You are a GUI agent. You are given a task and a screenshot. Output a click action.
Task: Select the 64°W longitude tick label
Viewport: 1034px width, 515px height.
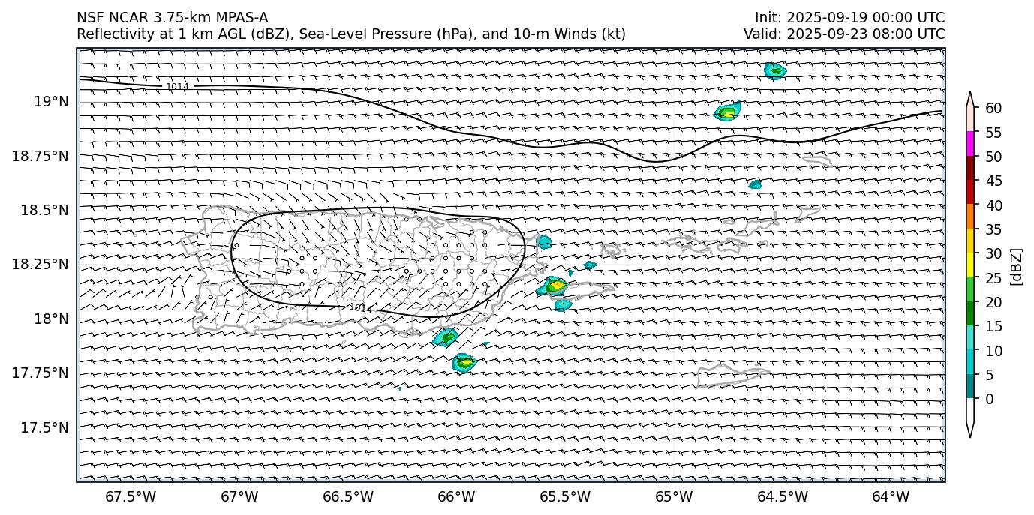891,496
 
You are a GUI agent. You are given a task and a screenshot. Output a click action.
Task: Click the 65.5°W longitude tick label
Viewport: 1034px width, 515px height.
565,496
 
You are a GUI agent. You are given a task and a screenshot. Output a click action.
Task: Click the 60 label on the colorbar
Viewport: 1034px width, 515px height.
993,109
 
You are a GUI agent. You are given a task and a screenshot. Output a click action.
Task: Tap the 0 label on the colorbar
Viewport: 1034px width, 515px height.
989,399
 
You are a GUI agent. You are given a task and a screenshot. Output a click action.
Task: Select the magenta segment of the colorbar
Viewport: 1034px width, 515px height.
970,143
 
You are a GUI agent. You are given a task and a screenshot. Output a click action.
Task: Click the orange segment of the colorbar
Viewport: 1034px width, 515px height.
970,216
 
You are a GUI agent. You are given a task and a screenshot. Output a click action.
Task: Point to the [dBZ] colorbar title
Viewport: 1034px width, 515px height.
1017,266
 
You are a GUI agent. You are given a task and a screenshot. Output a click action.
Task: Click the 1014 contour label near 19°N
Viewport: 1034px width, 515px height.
177,87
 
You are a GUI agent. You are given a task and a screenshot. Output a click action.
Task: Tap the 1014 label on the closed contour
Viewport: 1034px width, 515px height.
361,308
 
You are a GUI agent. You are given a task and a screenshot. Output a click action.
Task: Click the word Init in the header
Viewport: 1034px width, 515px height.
767,18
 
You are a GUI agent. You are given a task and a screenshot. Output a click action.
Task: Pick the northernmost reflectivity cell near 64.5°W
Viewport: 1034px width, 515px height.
774,70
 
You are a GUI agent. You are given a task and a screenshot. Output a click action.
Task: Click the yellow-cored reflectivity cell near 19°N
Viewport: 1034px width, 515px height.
727,113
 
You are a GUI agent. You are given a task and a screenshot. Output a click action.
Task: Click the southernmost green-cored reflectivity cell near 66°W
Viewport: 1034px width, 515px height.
464,362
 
